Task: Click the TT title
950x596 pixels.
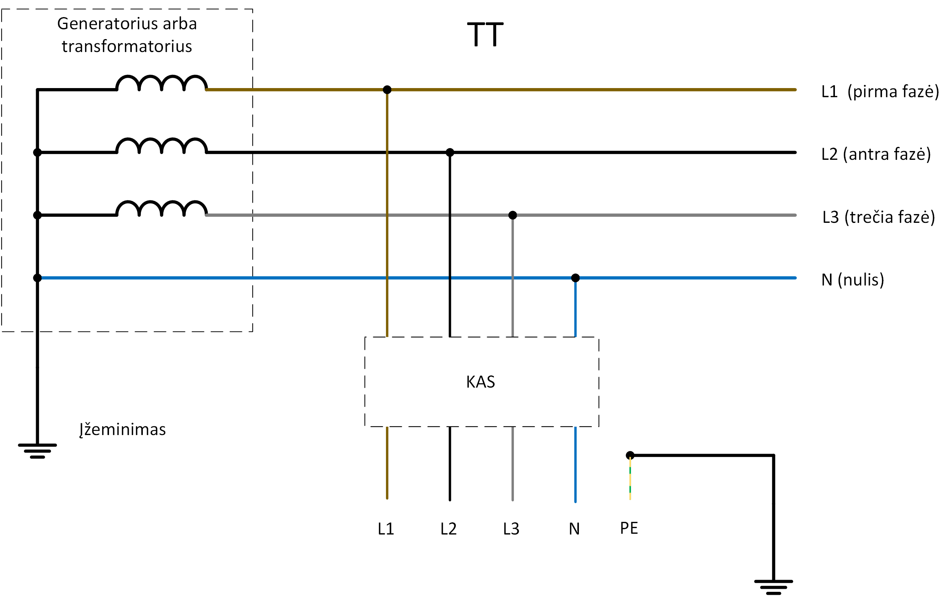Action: click(485, 35)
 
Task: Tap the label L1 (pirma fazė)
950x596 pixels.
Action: click(879, 91)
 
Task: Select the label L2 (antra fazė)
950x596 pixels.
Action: click(876, 154)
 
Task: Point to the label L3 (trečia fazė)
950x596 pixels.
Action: click(878, 217)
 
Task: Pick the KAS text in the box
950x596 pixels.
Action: click(480, 382)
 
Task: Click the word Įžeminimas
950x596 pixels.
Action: click(122, 429)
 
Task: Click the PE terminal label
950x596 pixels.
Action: click(629, 528)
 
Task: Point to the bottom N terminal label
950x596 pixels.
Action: click(574, 528)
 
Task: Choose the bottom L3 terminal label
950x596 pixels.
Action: click(511, 528)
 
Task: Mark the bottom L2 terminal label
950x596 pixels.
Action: click(448, 528)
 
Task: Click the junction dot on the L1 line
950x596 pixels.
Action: click(387, 90)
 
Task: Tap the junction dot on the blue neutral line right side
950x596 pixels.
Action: click(575, 278)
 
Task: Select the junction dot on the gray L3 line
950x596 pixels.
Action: click(512, 215)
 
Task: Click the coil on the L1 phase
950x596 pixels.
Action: click(161, 83)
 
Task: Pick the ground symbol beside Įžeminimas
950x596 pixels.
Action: click(38, 451)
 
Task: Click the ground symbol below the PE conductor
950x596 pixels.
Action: click(773, 587)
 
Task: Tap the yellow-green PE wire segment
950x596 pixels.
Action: click(630, 479)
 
